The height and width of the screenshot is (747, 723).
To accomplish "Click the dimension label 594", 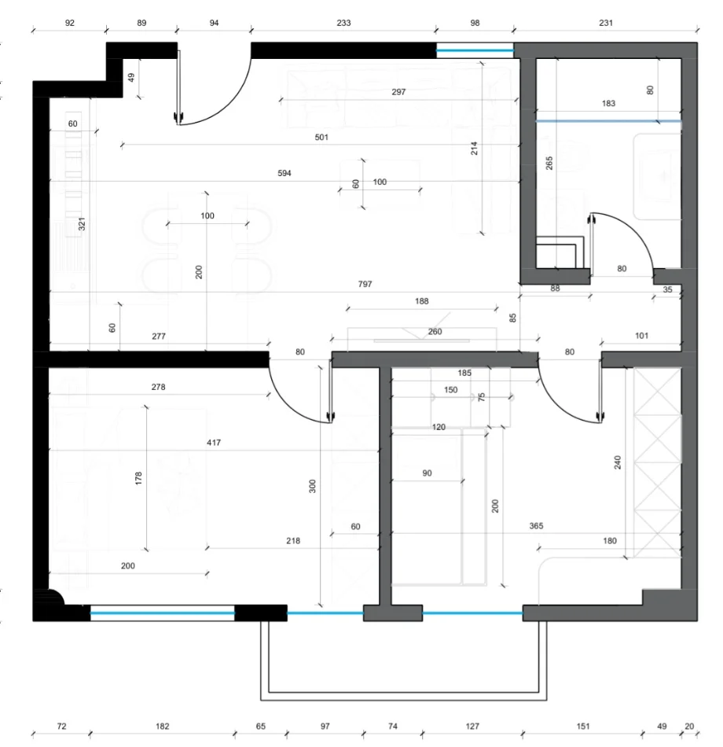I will [284, 174].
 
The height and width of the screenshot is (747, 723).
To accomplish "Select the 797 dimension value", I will [364, 285].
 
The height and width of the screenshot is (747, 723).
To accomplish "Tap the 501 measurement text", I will [321, 137].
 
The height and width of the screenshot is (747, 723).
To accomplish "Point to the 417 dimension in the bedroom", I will [214, 443].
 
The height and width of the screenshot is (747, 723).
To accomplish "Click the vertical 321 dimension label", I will [82, 224].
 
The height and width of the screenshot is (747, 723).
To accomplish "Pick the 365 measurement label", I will [538, 526].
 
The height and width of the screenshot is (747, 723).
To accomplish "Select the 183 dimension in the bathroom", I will [608, 103].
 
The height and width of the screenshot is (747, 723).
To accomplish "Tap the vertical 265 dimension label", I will [549, 163].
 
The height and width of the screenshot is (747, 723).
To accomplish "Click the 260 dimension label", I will [435, 332].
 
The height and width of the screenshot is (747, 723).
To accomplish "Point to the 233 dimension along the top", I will [343, 24].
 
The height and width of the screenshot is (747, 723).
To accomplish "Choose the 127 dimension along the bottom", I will [472, 726].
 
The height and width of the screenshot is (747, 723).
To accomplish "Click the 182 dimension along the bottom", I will [162, 726].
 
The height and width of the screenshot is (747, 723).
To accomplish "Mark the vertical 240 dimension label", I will [618, 463].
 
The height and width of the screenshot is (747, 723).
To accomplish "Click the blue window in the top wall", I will [475, 52].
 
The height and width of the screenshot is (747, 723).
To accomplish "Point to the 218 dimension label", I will [293, 541].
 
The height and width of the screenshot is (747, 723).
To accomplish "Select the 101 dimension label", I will [640, 336].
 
